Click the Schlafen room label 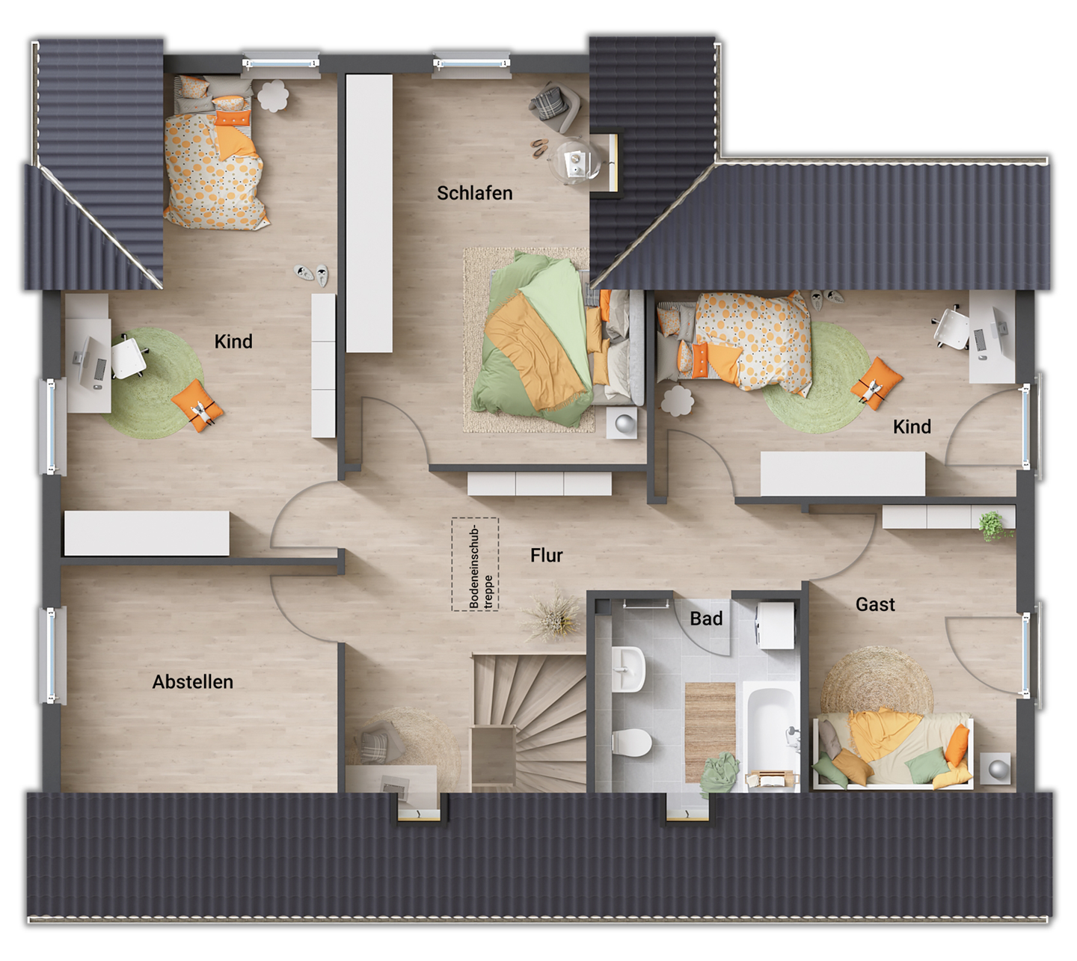474,193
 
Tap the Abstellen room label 192,682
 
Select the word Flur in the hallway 546,556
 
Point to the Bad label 706,618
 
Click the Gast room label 875,604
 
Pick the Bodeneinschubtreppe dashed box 475,565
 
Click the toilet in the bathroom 633,743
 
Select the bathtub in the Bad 771,725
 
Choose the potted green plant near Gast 994,526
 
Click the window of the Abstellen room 51,656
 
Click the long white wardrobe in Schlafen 369,213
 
